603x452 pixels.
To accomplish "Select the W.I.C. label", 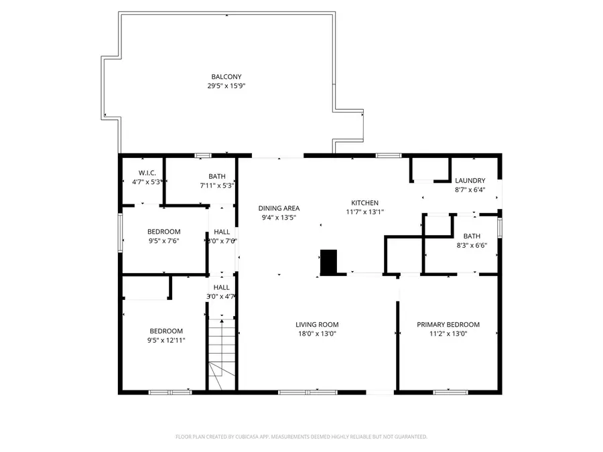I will [147, 173].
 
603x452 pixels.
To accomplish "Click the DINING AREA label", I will [279, 208].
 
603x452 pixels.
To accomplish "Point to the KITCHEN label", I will [365, 203].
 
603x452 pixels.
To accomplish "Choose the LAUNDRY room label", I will [470, 181].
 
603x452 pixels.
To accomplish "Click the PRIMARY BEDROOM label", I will [448, 325].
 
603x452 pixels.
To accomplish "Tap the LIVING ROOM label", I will [317, 325].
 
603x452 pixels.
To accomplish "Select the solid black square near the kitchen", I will [328, 262].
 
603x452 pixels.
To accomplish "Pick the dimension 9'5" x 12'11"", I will [166, 340].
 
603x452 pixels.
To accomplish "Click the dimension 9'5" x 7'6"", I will [163, 240].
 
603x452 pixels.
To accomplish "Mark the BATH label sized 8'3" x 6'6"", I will [472, 236].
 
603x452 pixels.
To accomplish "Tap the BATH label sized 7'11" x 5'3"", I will [217, 176].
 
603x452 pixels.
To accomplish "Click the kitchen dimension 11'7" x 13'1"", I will [365, 212].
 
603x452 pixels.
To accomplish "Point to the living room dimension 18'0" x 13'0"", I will [317, 333].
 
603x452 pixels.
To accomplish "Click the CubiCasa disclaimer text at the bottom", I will [301, 437].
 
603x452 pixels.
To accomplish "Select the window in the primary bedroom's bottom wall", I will [450, 392].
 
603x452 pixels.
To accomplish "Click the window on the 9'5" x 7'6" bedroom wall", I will [121, 232].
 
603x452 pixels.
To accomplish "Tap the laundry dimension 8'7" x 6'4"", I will [470, 190].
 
